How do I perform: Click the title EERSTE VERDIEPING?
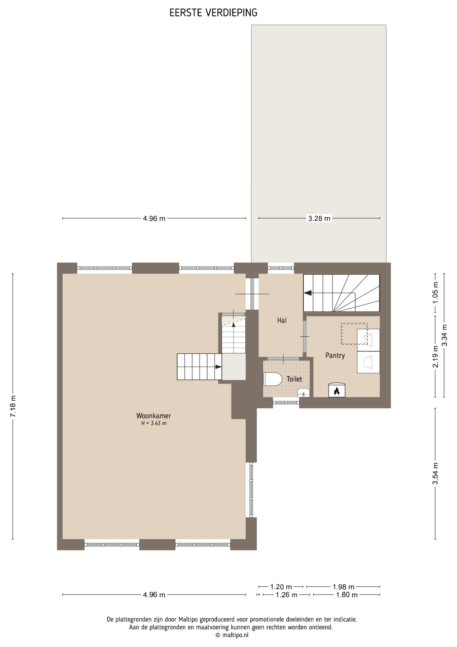click(213, 13)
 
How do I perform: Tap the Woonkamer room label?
click(153, 416)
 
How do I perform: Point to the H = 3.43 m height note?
click(154, 424)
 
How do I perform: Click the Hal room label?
click(282, 320)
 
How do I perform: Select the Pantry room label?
click(335, 356)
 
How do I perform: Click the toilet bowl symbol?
click(273, 379)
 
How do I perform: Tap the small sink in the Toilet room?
click(303, 393)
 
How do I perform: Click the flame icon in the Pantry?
click(337, 391)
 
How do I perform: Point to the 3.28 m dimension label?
click(319, 218)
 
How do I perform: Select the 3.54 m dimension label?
click(435, 473)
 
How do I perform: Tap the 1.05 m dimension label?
click(435, 292)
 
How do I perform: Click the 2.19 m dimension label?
click(435, 357)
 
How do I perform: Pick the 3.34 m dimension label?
click(445, 335)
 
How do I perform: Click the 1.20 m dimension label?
click(281, 587)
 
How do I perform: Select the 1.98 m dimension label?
click(344, 587)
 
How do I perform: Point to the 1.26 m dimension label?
click(286, 595)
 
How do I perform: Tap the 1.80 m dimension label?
click(347, 595)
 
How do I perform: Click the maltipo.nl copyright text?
click(232, 635)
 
